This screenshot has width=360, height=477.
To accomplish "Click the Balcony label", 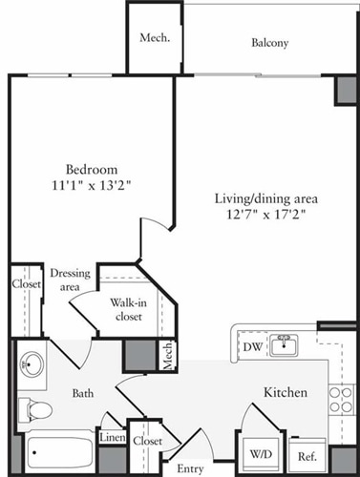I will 269,43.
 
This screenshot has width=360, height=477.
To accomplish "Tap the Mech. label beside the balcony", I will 155,38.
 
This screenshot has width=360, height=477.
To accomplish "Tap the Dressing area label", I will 70,280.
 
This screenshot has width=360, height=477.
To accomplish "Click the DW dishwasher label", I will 251,346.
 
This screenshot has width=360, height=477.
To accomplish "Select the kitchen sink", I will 283,344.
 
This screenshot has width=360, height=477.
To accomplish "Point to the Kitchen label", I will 285,392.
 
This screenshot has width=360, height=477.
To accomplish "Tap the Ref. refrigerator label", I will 307,456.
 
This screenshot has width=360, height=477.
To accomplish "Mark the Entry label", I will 191,468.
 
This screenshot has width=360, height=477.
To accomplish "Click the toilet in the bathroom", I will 37,409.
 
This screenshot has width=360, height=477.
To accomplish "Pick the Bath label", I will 84,392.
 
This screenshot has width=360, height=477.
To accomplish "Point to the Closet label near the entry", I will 146,442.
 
